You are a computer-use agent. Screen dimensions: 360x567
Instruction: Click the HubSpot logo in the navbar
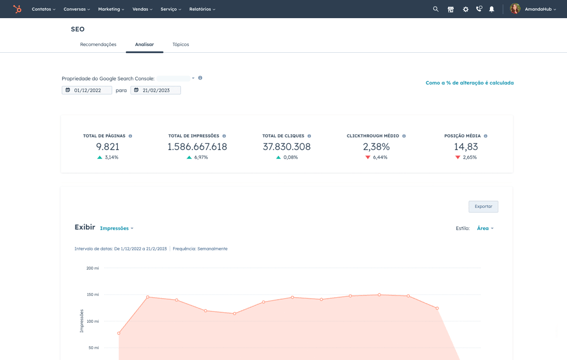(x=17, y=9)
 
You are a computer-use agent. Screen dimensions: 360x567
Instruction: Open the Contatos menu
(x=43, y=9)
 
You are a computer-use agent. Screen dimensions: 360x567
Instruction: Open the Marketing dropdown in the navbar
(x=111, y=9)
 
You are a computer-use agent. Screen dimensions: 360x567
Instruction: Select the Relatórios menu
(x=202, y=9)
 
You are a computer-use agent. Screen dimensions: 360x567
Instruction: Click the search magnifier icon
(x=436, y=9)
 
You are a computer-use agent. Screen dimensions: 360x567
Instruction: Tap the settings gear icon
(x=465, y=9)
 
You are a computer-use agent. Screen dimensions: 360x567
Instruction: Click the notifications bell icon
(x=492, y=9)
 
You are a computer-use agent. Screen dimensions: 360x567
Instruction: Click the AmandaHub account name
(x=540, y=9)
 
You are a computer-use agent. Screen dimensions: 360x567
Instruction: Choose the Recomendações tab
(x=98, y=45)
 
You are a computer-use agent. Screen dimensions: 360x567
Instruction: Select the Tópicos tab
(x=180, y=45)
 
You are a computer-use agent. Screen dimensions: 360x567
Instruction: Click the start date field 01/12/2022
(x=88, y=90)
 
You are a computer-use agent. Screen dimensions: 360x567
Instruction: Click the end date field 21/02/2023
(x=155, y=90)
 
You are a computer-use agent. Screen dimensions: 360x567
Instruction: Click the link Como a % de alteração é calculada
(x=469, y=83)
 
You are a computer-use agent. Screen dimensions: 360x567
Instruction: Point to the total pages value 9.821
(x=107, y=147)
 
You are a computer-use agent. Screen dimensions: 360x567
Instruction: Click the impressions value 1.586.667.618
(x=197, y=147)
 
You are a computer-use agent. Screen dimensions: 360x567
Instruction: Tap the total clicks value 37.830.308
(x=286, y=147)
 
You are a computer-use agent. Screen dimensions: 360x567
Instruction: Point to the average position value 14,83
(x=465, y=147)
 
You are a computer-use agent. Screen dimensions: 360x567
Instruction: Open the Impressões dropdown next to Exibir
(x=116, y=228)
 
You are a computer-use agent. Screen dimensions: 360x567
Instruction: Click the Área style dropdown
(x=485, y=228)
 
